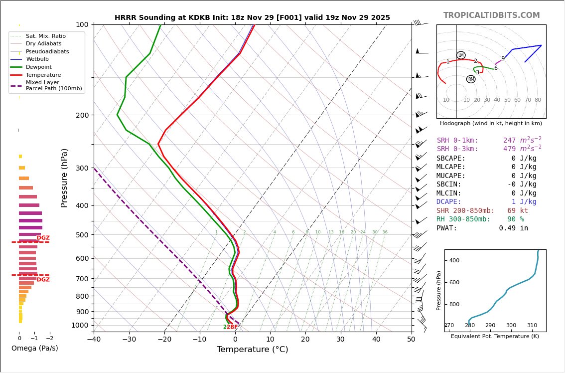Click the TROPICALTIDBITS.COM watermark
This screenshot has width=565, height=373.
[491, 15]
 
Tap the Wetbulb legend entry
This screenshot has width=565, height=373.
[37, 59]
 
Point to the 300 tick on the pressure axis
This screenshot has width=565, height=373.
[82, 168]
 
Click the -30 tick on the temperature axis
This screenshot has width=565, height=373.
[129, 340]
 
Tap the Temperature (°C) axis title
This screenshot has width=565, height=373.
[252, 350]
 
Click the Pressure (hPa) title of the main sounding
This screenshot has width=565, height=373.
[64, 178]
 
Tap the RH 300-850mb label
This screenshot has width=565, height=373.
[463, 219]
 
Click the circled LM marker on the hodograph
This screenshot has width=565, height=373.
[461, 55]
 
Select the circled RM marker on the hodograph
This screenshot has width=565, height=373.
[471, 79]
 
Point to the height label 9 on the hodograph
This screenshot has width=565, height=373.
[503, 59]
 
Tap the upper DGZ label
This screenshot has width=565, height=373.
[43, 238]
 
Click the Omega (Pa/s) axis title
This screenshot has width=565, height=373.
[35, 349]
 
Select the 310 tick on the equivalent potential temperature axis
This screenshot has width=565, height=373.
[532, 326]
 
